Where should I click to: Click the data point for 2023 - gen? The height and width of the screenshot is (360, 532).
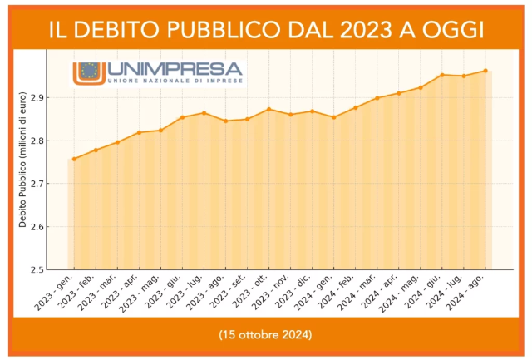74,159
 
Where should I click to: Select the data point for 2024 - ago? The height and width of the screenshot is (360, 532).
485,71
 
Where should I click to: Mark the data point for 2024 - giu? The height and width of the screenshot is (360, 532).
442,75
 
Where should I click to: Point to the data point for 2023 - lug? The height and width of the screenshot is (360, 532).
204,113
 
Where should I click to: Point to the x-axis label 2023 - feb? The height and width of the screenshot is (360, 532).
81,293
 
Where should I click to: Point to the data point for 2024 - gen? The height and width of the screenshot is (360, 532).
334,117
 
